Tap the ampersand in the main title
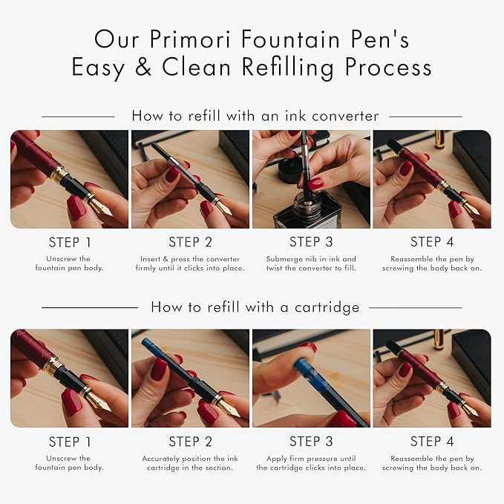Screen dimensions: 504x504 click(x=143, y=67)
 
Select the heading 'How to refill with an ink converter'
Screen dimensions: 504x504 click(x=255, y=116)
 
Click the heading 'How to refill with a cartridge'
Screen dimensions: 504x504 click(x=255, y=307)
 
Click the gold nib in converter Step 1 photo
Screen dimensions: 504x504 click(x=101, y=206)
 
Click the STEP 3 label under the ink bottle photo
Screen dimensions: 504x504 click(x=311, y=242)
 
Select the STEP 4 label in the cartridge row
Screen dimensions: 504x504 click(x=432, y=442)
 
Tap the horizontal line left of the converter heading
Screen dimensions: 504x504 click(x=78, y=117)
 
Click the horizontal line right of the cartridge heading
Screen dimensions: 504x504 click(x=415, y=308)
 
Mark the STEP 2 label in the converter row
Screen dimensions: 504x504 click(x=190, y=242)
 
